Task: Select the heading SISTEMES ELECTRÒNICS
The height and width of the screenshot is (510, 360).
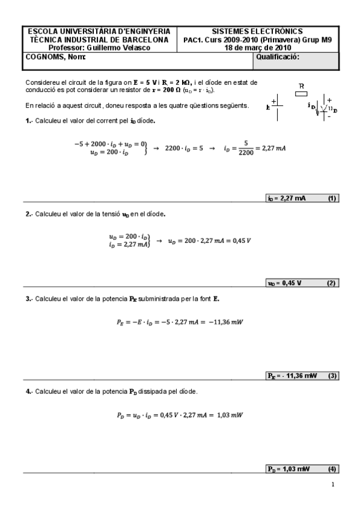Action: pyautogui.click(x=257, y=31)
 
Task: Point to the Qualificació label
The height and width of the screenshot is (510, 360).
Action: pyautogui.click(x=277, y=57)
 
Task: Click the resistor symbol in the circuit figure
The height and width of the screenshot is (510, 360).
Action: pyautogui.click(x=302, y=94)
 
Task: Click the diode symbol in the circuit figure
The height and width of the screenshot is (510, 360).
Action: pyautogui.click(x=325, y=108)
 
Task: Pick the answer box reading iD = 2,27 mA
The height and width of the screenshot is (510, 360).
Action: pyautogui.click(x=287, y=198)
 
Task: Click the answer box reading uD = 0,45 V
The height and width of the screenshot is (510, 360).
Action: pyautogui.click(x=284, y=283)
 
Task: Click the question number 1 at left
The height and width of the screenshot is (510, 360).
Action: pyautogui.click(x=28, y=120)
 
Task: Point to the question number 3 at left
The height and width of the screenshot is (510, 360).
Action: pyautogui.click(x=28, y=298)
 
